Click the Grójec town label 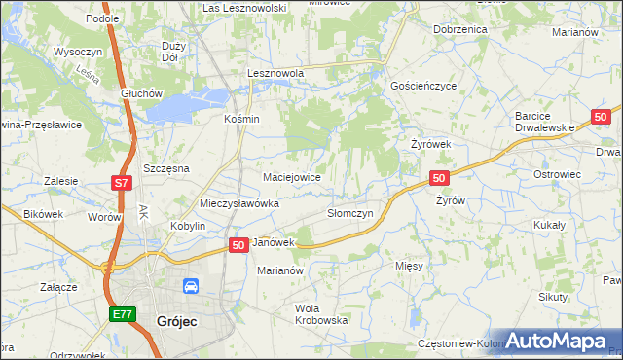[176, 319]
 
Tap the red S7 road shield [120, 182]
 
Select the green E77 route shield [121, 314]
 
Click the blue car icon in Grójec [191, 286]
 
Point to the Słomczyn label [349, 213]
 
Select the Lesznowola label [275, 73]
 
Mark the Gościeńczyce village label [422, 86]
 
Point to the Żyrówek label [430, 144]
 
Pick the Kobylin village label [188, 226]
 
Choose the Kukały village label [550, 224]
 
